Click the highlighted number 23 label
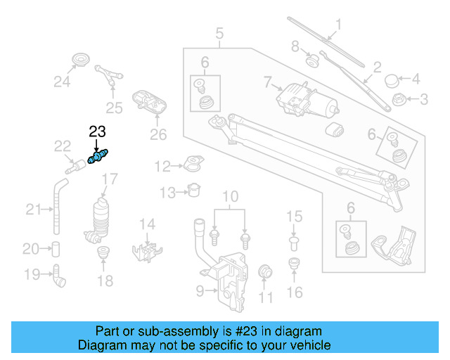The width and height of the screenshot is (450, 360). pos(97,131)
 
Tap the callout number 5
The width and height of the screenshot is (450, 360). pos(219,32)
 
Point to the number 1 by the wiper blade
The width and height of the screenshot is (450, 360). pos(338,26)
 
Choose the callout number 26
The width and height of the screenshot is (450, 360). pos(157,134)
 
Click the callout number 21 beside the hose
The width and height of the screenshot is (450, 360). pos(33,208)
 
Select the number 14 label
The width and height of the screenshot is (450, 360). pos(146,224)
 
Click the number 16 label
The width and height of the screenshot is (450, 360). pos(295,292)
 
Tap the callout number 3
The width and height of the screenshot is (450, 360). pos(423,100)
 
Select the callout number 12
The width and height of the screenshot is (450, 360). pos(162,167)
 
